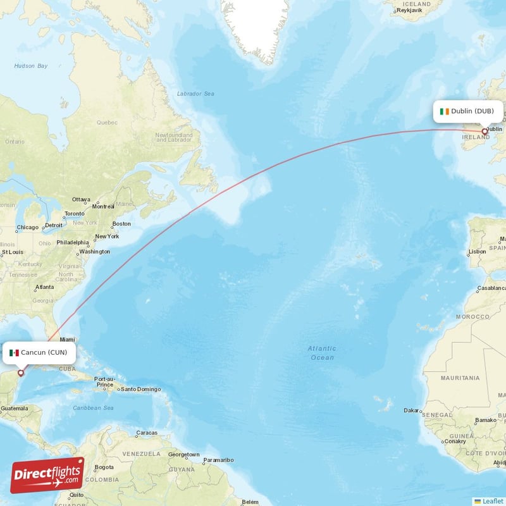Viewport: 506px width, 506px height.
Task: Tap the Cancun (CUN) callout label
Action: coord(39,352)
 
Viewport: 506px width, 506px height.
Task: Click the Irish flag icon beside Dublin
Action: coord(445,111)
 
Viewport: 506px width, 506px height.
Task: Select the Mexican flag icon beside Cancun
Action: coord(14,352)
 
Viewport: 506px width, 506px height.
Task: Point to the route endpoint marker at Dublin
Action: coord(485,132)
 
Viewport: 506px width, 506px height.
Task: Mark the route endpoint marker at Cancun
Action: coord(20,373)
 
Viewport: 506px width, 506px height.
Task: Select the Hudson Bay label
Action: coord(31,66)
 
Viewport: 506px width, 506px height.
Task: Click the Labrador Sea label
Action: coord(195,94)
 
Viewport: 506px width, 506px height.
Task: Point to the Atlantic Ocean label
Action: coord(322,353)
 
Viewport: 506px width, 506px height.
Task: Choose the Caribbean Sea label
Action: coord(93,408)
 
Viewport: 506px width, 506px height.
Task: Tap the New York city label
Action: coord(107,237)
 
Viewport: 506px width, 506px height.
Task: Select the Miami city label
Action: coord(67,339)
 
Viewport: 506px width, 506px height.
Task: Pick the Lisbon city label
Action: coord(478,251)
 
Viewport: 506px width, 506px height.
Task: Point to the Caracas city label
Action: coord(146,433)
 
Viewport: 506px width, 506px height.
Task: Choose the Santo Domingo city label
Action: coord(138,389)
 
